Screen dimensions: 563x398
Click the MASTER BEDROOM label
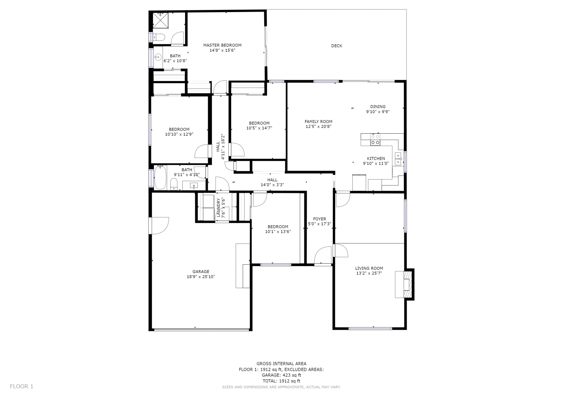point(222,45)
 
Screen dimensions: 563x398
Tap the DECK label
point(336,46)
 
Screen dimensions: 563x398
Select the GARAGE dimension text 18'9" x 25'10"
point(201,277)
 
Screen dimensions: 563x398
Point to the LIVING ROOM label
point(369,268)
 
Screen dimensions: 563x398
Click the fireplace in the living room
point(404,284)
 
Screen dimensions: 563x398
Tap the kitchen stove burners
point(375,140)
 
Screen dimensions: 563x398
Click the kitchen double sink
point(398,159)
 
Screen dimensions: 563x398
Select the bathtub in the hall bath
point(160,177)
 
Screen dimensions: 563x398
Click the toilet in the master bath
point(159,37)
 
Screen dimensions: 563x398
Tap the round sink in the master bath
point(158,57)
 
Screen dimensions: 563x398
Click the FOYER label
point(320,219)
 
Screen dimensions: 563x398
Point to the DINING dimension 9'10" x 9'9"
point(378,112)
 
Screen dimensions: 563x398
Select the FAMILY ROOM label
point(318,122)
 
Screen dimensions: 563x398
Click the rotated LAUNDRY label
point(218,208)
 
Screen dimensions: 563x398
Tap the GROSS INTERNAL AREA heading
point(281,364)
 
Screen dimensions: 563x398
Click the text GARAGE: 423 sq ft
point(281,375)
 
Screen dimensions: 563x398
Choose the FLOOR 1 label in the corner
point(21,386)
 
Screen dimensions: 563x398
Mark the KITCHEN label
point(376,159)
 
